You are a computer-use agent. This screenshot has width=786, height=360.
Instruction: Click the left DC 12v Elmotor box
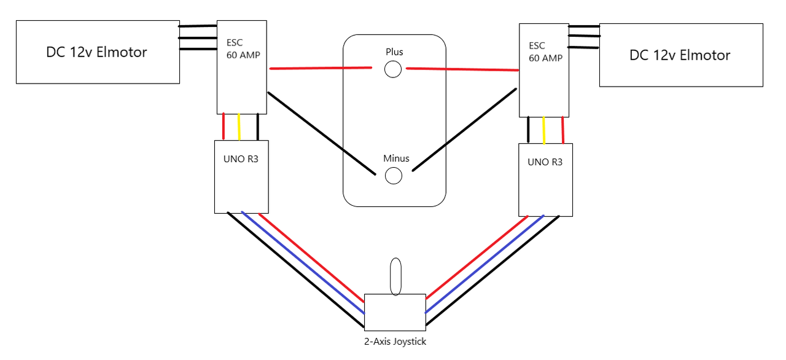pos(97,52)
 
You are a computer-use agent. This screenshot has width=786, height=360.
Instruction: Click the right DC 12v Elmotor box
pos(680,55)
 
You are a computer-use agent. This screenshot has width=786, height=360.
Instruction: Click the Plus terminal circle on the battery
pos(393,69)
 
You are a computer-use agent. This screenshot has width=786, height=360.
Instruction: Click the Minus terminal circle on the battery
pos(393,176)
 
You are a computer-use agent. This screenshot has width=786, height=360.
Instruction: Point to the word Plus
pos(394,52)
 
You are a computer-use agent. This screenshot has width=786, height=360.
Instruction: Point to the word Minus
pos(396,158)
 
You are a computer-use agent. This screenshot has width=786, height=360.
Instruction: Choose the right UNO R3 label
pos(545,163)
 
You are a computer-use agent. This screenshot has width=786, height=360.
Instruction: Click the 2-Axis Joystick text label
pos(395,342)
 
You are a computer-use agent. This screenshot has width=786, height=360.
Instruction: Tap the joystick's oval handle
pos(396,276)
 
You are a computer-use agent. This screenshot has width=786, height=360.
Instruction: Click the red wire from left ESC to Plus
pos(319,68)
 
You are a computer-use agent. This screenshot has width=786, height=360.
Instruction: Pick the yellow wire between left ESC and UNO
pos(239,127)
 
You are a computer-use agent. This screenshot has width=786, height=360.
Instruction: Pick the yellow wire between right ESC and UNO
pos(544,130)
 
